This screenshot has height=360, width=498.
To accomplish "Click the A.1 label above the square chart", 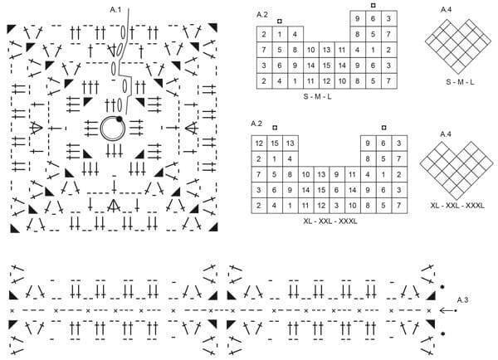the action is pyautogui.click(x=115, y=10).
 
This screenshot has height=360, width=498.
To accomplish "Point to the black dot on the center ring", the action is pyautogui.click(x=119, y=119).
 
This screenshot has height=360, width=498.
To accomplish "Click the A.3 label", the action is pyautogui.click(x=462, y=299).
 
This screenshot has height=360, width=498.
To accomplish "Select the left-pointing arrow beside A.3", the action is pyautogui.click(x=448, y=310).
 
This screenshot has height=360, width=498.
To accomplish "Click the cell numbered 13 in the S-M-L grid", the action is pyautogui.click(x=326, y=50).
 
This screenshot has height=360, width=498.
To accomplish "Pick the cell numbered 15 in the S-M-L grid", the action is pyautogui.click(x=326, y=66).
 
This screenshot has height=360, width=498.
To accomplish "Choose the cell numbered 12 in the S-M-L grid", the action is pyautogui.click(x=326, y=81).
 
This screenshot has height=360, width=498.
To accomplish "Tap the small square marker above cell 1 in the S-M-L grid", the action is pyautogui.click(x=279, y=22).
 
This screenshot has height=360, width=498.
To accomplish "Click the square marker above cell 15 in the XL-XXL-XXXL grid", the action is pyautogui.click(x=275, y=128).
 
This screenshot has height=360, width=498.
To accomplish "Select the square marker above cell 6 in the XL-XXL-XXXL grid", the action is pyautogui.click(x=383, y=128).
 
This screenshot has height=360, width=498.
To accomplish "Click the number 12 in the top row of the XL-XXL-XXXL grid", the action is pyautogui.click(x=259, y=144).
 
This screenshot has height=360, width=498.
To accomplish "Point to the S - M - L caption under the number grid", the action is pyautogui.click(x=317, y=96).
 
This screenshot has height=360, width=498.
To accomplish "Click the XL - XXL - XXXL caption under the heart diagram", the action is pyautogui.click(x=457, y=206).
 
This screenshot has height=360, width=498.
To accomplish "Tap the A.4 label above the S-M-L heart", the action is pyautogui.click(x=446, y=10).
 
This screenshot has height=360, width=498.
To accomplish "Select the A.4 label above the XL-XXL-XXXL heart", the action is pyautogui.click(x=446, y=134).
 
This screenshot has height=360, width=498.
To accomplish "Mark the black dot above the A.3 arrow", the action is pyautogui.click(x=442, y=287).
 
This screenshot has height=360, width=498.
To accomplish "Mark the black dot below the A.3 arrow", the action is pyautogui.click(x=442, y=333).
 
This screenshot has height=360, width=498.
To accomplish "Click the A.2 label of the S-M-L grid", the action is pyautogui.click(x=262, y=15).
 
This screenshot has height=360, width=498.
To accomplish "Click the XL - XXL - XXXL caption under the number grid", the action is pyautogui.click(x=330, y=221).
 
